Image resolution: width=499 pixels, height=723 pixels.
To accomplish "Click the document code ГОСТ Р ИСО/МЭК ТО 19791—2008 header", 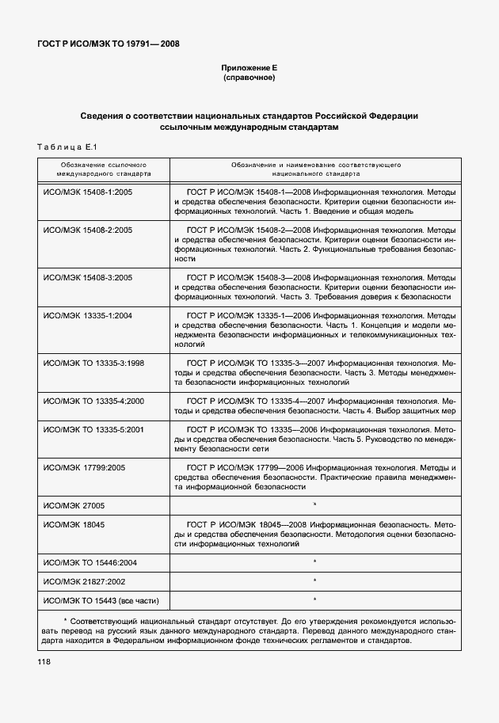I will pyautogui.click(x=109, y=44).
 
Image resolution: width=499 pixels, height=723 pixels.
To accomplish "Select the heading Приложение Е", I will pyautogui.click(x=249, y=69).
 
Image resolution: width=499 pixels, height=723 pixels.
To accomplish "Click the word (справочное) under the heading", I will pyautogui.click(x=249, y=79).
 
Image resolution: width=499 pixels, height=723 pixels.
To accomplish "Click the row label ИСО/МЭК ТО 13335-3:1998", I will pyautogui.click(x=93, y=363).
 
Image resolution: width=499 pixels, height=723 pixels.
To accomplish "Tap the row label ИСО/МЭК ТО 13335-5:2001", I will pyautogui.click(x=93, y=429).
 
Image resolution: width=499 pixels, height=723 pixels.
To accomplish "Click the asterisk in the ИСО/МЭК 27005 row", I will pyautogui.click(x=314, y=504).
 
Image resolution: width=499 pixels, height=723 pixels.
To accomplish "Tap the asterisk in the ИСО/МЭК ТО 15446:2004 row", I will pyautogui.click(x=314, y=562).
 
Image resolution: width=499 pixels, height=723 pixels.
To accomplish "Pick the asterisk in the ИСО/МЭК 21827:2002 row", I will pyautogui.click(x=314, y=581).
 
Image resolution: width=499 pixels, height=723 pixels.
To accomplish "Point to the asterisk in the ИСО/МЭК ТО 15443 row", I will pyautogui.click(x=314, y=600).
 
